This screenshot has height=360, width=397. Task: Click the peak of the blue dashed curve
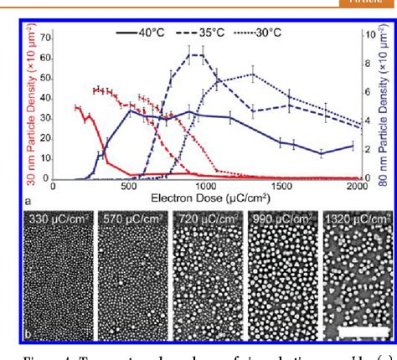(x=197, y=55)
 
